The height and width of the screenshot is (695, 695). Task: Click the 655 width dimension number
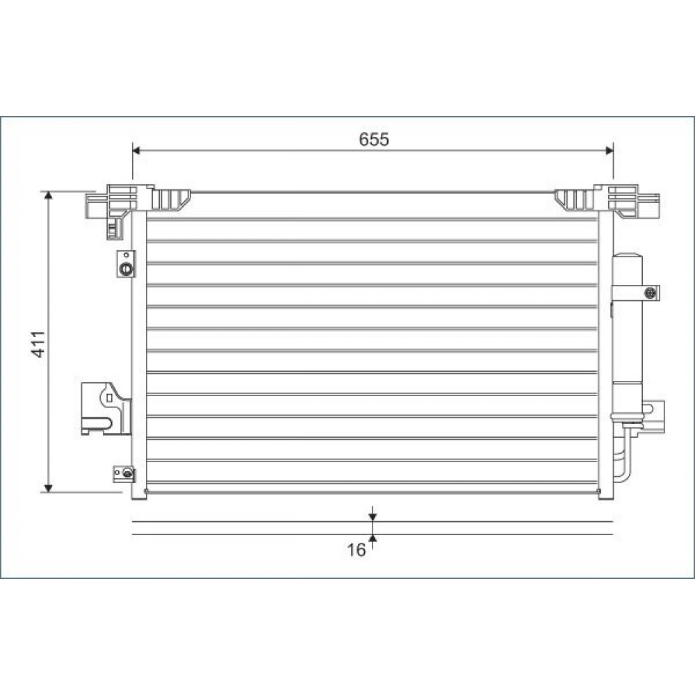(374, 139)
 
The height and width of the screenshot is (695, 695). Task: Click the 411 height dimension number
(38, 343)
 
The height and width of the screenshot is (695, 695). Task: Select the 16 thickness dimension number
(356, 550)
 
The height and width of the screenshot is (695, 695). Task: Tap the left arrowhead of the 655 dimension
(136, 151)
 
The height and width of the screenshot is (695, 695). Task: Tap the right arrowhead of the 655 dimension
(610, 151)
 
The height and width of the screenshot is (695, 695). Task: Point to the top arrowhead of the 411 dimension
(49, 196)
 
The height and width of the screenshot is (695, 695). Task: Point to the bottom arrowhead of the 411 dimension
(49, 488)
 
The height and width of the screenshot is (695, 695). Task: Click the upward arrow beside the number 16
(373, 541)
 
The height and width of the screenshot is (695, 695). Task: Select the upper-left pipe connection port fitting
(126, 264)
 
